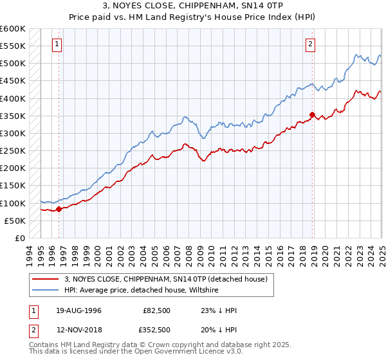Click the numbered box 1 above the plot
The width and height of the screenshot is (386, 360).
click(x=58, y=44)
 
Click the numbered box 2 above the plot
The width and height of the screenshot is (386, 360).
click(x=310, y=44)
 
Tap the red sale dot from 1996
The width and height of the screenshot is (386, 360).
click(x=59, y=208)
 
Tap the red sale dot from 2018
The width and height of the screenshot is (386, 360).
click(x=312, y=115)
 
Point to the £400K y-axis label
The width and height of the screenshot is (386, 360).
click(x=13, y=98)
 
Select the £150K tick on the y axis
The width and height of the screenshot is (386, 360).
click(x=13, y=186)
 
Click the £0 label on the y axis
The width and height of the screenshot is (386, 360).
click(x=19, y=238)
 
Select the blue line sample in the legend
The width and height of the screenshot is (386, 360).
click(x=46, y=290)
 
